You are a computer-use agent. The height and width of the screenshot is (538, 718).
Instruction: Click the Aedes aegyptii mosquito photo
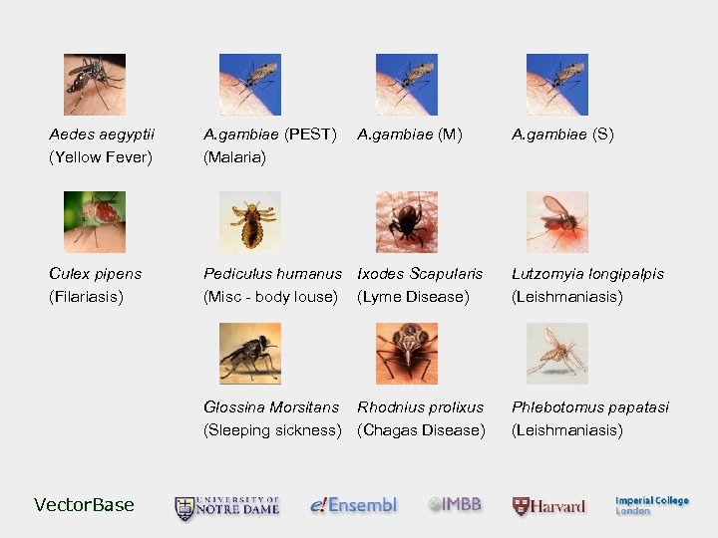(x=95, y=85)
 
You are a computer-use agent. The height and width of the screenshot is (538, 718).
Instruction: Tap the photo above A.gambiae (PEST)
(x=249, y=85)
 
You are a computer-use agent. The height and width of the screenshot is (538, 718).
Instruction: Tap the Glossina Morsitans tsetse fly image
(x=249, y=354)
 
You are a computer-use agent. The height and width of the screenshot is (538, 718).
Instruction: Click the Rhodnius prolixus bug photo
(x=406, y=354)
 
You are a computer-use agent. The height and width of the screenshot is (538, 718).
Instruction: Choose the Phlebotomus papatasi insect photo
(x=556, y=354)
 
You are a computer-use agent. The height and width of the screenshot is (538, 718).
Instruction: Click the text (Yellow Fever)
(x=101, y=157)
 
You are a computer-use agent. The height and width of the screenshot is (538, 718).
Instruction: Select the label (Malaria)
(x=234, y=157)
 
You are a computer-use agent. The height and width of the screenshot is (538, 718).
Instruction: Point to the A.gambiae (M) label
(x=410, y=134)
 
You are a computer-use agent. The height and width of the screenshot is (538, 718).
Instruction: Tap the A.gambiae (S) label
(x=562, y=134)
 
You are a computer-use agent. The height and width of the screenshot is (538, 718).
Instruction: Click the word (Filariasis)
(x=87, y=297)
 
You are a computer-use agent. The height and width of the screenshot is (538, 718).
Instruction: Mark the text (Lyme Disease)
(x=413, y=297)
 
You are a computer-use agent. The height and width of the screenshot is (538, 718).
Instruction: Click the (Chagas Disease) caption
(x=421, y=430)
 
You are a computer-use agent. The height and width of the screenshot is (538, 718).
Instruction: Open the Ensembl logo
(x=353, y=505)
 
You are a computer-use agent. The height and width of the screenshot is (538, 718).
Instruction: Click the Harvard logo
(x=549, y=506)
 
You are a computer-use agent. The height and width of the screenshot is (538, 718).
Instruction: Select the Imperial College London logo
(x=651, y=505)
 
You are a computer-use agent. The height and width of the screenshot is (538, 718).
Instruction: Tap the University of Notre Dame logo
(x=227, y=507)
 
